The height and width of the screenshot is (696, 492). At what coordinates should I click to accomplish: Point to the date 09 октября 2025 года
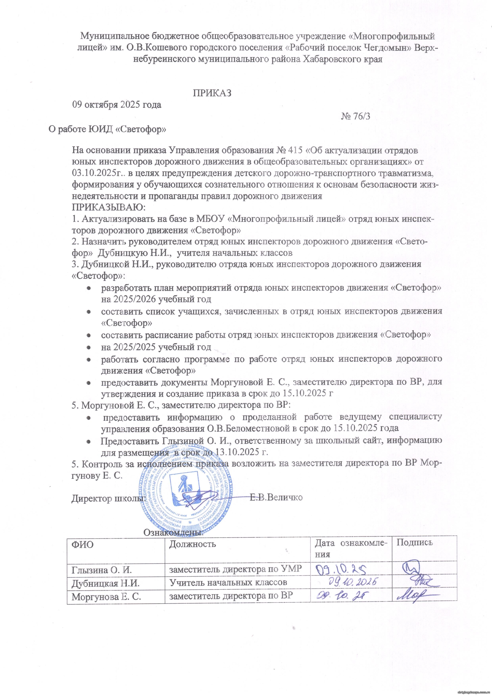[x=116, y=105]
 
